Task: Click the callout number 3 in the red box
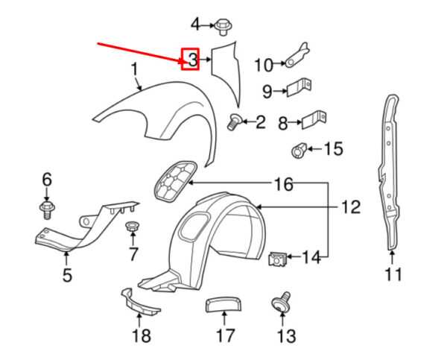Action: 191,59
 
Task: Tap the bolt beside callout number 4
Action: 222,26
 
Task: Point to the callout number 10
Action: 264,66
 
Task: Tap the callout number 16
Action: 283,183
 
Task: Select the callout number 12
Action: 350,206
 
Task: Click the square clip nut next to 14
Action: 278,259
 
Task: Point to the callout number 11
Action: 393,274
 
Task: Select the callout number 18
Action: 141,337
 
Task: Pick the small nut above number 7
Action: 133,227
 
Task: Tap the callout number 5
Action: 66,277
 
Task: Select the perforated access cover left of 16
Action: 173,181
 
